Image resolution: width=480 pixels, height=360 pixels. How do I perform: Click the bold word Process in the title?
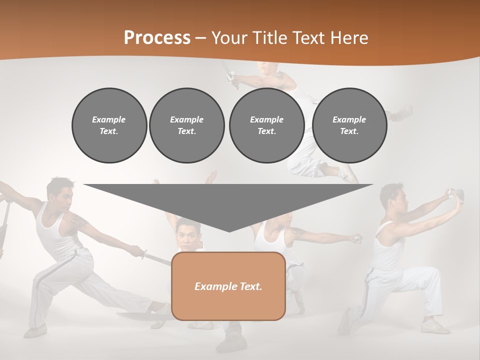[x=157, y=37]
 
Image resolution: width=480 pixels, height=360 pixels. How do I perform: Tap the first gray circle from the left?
[x=109, y=125]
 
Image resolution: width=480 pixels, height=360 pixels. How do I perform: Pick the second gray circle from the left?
[x=186, y=125]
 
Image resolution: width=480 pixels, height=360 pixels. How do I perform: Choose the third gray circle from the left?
[x=266, y=125]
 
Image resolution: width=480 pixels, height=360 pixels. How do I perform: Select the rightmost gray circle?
[x=349, y=125]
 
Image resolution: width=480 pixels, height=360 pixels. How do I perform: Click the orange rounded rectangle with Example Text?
[x=228, y=286]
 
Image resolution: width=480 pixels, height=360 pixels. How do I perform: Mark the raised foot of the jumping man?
[x=403, y=112]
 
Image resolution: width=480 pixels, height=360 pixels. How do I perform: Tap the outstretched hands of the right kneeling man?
[x=456, y=194]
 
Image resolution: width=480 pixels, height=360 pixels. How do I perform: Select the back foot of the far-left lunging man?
[x=35, y=331]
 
